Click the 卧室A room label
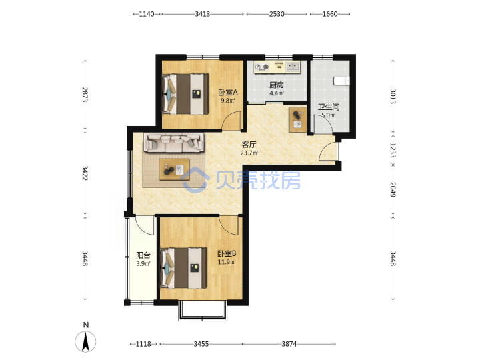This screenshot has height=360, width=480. tap(228, 92)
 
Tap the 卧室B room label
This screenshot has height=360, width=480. tap(227, 253)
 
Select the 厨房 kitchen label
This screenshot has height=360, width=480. tap(277, 85)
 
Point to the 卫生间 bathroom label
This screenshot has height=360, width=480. tap(329, 107)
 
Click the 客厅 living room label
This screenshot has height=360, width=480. tap(249, 145)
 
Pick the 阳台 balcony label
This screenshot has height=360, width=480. tap(143, 255)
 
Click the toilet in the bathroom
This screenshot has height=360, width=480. tap(341, 81)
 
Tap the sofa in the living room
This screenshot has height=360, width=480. tap(174, 143)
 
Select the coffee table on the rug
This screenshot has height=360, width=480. tap(174, 169)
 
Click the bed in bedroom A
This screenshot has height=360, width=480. tap(185, 94)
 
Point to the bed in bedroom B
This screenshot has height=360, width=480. tap(184, 268)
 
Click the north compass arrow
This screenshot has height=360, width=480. tap(85, 341)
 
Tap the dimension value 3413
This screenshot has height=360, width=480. tap(203, 14)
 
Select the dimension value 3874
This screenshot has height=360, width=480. tap(289, 344)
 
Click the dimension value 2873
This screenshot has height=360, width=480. tap(85, 95)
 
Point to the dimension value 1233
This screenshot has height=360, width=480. tap(393, 150)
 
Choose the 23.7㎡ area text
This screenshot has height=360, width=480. tap(249, 153)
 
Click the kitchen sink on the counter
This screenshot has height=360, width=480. tap(293, 66)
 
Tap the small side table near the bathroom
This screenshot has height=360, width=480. tap(297, 120)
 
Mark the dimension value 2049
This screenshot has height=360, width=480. tap(393, 190)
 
